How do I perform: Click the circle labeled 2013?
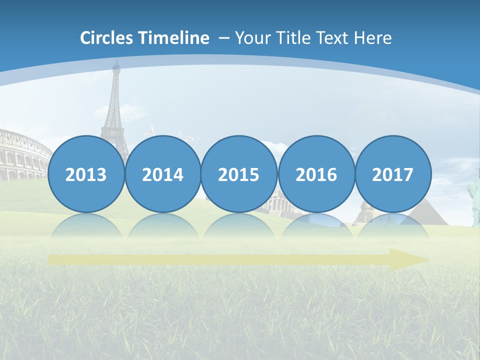point(86,174)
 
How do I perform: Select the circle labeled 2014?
point(162,174)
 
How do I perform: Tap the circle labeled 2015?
point(239,174)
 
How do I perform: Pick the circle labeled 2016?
point(316,174)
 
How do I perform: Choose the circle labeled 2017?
point(392,174)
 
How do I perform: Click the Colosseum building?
point(22,155)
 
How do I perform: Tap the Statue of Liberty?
point(473,197)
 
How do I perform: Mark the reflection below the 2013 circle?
point(86,225)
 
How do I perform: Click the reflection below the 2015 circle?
point(239,225)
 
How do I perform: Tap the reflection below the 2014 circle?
point(162,225)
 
